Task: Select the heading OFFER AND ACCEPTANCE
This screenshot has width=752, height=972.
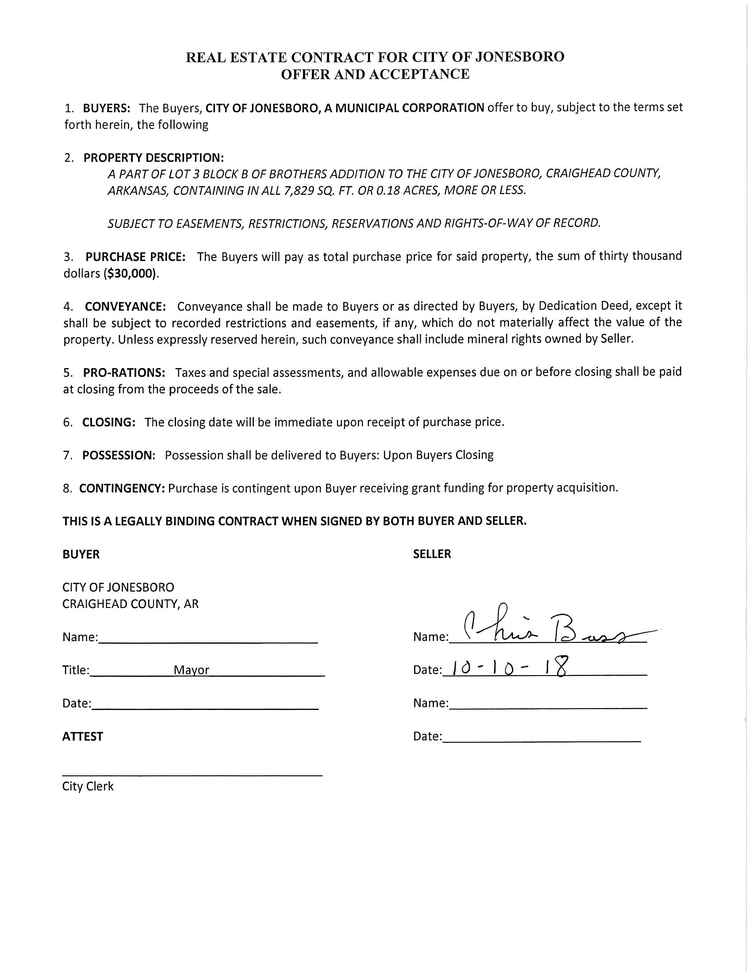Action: tap(375, 74)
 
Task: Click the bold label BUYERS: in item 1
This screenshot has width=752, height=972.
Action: tap(107, 108)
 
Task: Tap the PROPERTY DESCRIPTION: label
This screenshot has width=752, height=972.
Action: tap(153, 158)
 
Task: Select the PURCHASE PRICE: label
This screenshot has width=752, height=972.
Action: tap(135, 257)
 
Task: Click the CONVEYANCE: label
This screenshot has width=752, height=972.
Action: tap(125, 307)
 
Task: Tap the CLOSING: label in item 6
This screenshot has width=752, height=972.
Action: tap(109, 422)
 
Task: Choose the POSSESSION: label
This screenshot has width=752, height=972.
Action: tap(119, 455)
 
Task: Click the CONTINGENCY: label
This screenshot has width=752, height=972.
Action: tap(122, 488)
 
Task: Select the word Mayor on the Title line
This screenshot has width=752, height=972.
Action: tap(191, 670)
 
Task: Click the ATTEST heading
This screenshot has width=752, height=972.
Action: tap(82, 737)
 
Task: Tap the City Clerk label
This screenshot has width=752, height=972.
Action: tap(88, 786)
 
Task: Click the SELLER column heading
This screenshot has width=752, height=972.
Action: tap(432, 554)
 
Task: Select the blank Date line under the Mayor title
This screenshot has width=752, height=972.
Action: tap(205, 704)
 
